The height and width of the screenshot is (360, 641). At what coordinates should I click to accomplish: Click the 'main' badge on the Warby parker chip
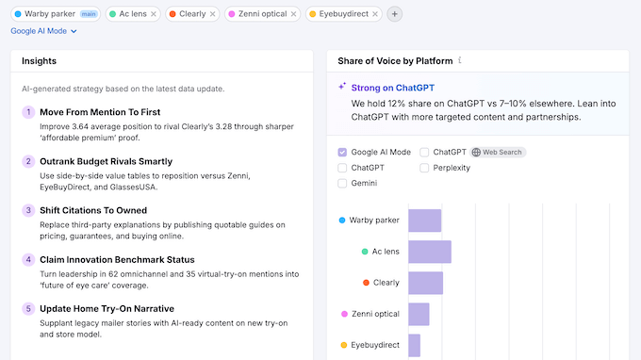89,14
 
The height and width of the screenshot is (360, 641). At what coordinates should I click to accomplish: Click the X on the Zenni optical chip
292,14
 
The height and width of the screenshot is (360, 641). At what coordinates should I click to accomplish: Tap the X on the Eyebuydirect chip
374,14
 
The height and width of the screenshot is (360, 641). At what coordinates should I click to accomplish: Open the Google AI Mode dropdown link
43,31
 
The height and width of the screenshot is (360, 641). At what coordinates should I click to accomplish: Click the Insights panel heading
39,61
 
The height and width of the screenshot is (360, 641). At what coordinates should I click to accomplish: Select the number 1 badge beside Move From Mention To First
28,112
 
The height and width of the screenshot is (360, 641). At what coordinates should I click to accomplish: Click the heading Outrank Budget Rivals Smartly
106,161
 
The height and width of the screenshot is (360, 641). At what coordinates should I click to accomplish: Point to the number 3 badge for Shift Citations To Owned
28,210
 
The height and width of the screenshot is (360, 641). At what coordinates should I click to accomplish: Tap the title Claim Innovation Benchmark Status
117,259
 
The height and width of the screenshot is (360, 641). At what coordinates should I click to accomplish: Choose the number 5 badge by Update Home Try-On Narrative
28,308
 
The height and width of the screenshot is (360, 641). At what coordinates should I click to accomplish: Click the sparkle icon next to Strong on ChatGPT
342,87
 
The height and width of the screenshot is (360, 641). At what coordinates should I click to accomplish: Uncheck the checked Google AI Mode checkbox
342,152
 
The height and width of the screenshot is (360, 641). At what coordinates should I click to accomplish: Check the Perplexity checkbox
424,168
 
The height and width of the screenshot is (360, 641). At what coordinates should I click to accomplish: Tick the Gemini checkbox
342,184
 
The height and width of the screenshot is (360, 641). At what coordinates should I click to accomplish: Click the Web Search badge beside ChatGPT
499,152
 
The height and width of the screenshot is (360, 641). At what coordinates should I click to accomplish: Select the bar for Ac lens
429,252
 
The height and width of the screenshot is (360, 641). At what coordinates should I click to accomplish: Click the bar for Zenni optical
419,314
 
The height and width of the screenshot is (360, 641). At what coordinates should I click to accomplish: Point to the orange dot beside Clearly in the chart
366,283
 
